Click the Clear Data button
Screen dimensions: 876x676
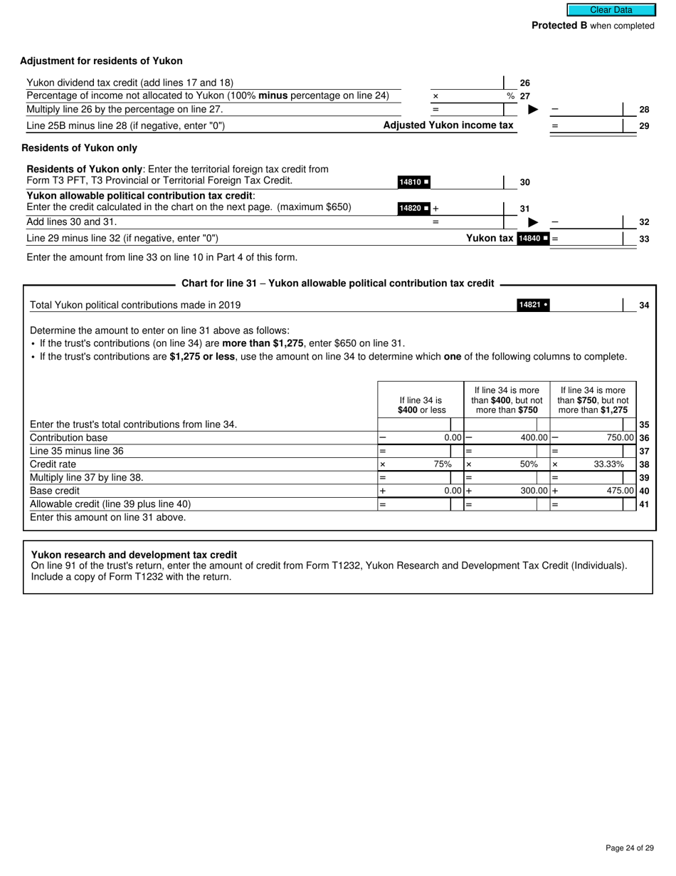611,10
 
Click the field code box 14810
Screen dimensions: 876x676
413,182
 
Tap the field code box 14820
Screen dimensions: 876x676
413,209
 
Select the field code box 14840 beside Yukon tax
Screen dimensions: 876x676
533,239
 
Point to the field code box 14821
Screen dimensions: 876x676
533,306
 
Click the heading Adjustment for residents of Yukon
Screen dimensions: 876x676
101,61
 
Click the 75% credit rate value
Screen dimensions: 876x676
443,464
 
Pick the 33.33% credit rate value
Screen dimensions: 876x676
608,464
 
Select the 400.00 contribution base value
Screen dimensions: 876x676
534,438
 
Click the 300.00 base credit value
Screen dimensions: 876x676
534,491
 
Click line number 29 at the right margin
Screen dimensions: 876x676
644,126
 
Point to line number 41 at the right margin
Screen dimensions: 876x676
644,504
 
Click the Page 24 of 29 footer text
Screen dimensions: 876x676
629,848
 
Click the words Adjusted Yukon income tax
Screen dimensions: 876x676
448,125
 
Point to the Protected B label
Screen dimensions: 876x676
559,26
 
